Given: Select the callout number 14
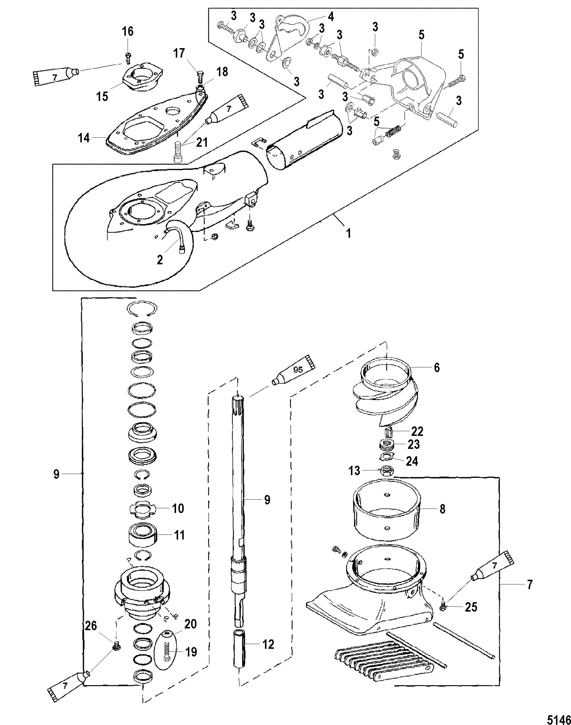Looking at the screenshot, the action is [84, 137].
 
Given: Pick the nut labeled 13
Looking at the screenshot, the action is [387, 471].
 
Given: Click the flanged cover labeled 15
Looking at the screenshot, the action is [139, 76].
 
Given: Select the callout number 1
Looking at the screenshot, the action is [349, 233].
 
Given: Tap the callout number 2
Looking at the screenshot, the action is [160, 259].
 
